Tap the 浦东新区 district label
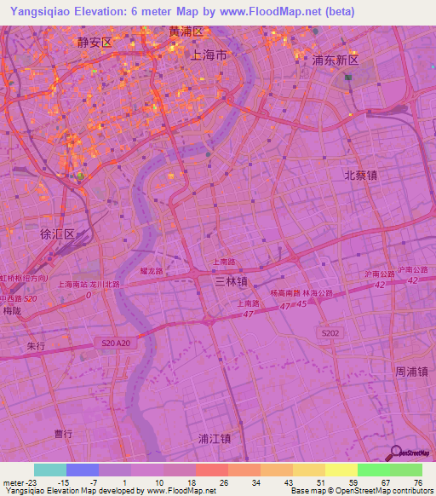coord(336,61)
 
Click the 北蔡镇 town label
coord(360,174)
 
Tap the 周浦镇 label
coord(411,372)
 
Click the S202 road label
coord(330,332)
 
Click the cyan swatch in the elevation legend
coord(50,470)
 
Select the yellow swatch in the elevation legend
coord(341,470)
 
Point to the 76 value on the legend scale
coord(417,482)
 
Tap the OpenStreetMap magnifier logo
coord(397,452)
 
